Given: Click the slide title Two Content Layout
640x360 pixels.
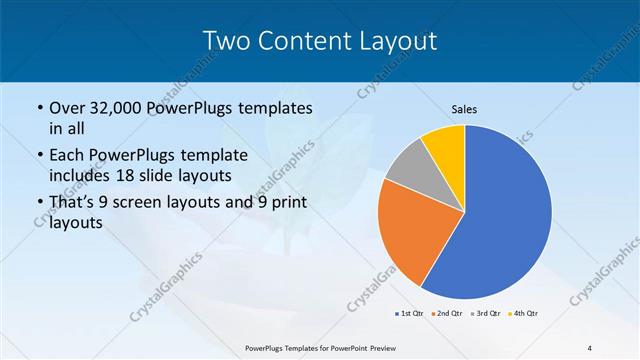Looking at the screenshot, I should tap(319, 40).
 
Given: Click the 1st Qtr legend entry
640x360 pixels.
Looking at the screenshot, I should tap(409, 314).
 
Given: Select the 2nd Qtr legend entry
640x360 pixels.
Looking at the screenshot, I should tap(445, 314).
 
